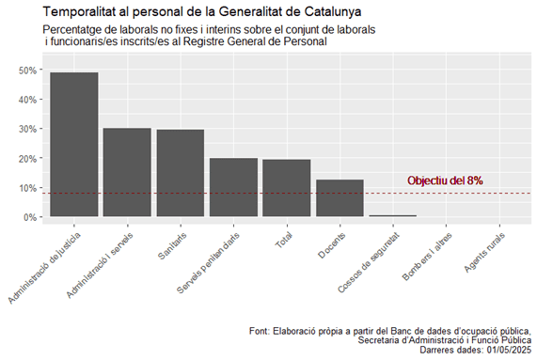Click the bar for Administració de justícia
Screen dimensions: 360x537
click(x=73, y=145)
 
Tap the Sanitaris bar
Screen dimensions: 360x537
click(x=181, y=173)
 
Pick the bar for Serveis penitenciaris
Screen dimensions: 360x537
click(x=233, y=187)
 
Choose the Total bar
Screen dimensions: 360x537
click(x=287, y=188)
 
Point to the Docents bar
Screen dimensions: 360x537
click(x=340, y=198)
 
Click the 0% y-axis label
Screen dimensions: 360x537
click(x=30, y=217)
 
